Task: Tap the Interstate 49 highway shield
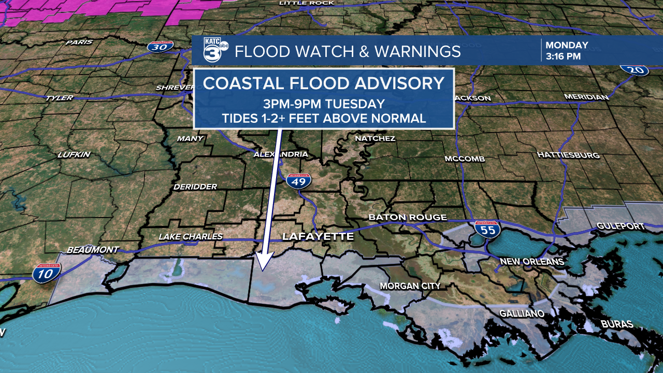click(298, 180)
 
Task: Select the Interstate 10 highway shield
click(47, 272)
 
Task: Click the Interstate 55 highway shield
click(487, 229)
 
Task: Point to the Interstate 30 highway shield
click(160, 47)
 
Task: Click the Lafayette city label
click(318, 237)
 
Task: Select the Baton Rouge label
click(407, 217)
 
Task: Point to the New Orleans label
click(531, 262)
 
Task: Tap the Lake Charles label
click(191, 237)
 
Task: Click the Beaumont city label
click(93, 250)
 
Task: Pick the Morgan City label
click(410, 286)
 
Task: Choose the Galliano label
click(522, 313)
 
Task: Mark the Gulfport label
click(621, 226)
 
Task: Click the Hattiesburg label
click(568, 155)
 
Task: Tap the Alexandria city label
click(281, 154)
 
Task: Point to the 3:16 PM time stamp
click(563, 56)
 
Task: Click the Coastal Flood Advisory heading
click(324, 83)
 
